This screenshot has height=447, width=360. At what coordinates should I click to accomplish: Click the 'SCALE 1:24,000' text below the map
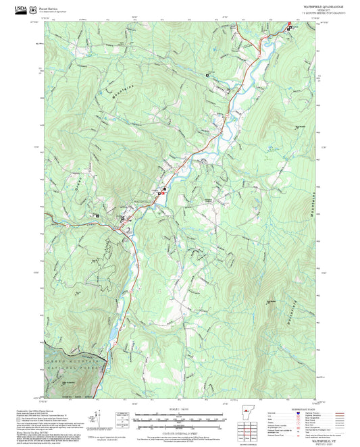[180, 408]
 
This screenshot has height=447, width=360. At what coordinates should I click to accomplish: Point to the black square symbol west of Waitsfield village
[97, 216]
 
